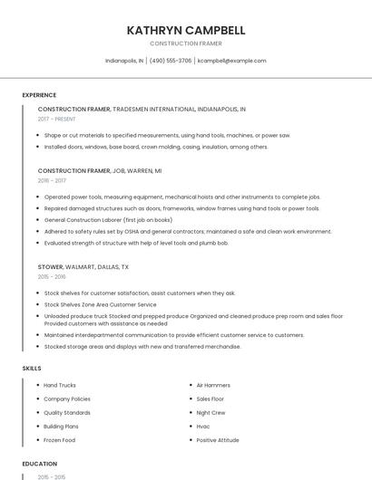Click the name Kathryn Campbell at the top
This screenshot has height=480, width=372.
pos(186,30)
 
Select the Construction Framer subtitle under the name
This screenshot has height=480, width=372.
pos(186,43)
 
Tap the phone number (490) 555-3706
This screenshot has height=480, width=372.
pos(171,61)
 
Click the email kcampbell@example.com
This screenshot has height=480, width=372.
pos(232,61)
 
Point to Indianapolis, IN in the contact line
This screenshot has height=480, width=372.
pos(124,61)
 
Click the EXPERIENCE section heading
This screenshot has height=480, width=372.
pos(39,95)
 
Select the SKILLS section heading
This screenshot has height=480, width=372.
pos(31,368)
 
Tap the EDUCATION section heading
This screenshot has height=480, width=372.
pos(40,464)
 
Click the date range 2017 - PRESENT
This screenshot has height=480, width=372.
pos(57,119)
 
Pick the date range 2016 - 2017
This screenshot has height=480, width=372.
pos(52,180)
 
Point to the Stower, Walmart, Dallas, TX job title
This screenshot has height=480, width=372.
pos(83,267)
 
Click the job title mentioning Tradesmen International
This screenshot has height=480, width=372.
pos(142,109)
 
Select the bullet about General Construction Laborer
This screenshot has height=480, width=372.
pos(108,220)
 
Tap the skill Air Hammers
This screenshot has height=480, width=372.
pos(214,385)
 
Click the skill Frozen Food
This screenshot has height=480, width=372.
pos(60,440)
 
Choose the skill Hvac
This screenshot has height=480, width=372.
pos(203,426)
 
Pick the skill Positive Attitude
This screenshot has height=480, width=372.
pos(218,440)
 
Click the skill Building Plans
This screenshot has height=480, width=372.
pos(62,426)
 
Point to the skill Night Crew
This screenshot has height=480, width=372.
pos(210,412)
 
